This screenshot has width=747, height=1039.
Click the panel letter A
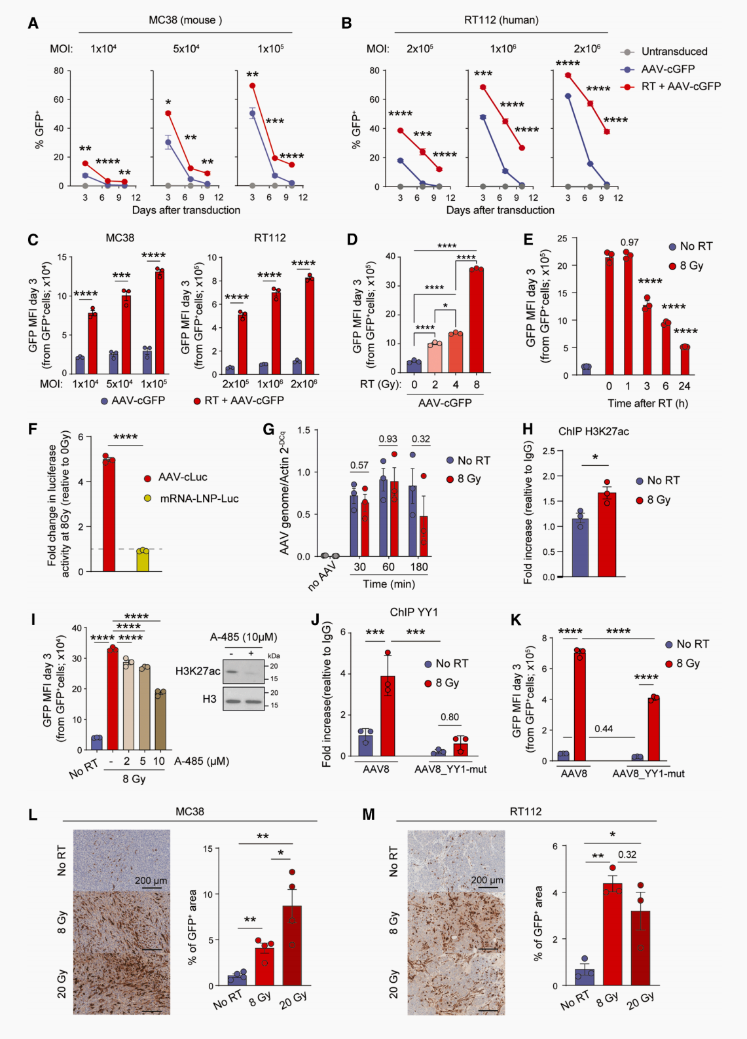[x=33, y=24]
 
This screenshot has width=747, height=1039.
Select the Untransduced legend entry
[x=674, y=52]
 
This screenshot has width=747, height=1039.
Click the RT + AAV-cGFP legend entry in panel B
[x=680, y=86]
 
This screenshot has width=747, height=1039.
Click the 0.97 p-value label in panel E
[x=629, y=242]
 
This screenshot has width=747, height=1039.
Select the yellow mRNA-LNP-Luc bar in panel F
[x=143, y=561]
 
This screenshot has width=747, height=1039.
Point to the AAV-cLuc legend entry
[x=183, y=478]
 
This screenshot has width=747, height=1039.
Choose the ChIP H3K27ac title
[x=593, y=431]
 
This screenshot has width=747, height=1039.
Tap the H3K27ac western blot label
[x=198, y=671]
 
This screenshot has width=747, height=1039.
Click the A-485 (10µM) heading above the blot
[x=244, y=637]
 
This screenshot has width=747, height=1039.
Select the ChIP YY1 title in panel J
[x=414, y=612]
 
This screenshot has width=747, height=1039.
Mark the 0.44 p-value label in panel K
[x=604, y=728]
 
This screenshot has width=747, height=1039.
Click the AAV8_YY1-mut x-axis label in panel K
[x=648, y=773]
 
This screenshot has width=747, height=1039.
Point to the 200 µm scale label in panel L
[x=151, y=881]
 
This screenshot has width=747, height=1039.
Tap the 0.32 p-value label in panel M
[x=627, y=854]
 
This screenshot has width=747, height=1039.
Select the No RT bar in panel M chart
[x=585, y=974]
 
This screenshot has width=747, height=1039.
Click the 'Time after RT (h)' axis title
[x=647, y=403]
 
